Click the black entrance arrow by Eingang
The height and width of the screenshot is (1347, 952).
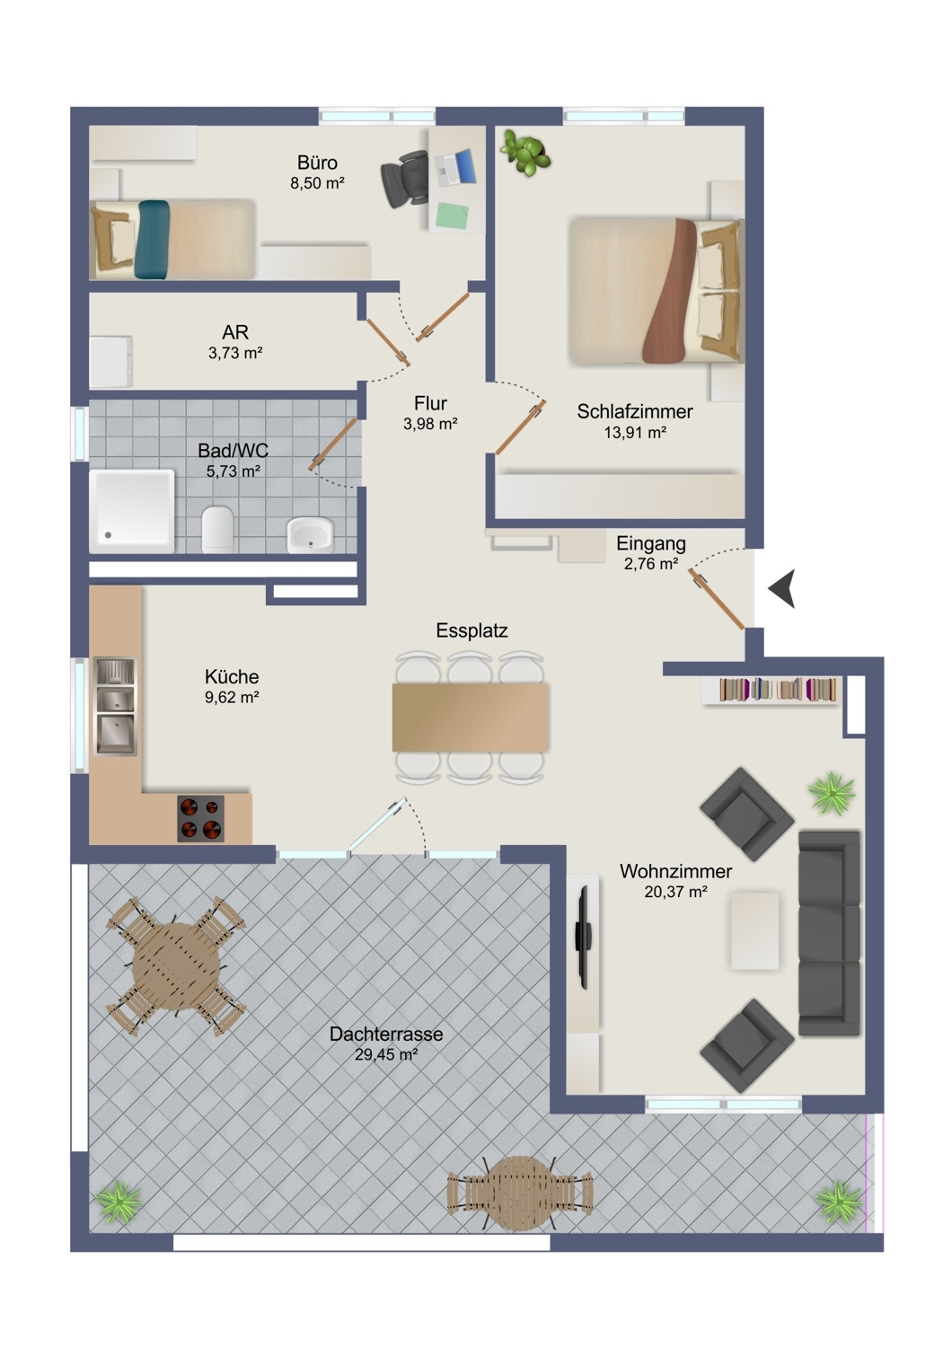[784, 588]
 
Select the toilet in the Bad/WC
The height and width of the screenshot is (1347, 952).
[217, 529]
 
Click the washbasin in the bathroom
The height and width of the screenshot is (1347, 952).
[310, 534]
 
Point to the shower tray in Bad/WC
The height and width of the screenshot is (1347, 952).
[132, 511]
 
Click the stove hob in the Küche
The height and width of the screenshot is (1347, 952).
[200, 818]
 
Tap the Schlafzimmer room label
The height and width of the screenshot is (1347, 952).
[634, 411]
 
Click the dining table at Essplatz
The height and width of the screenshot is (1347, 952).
[471, 717]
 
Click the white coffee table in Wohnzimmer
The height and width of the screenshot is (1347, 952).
[754, 930]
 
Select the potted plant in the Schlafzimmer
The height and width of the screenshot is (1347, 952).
[525, 153]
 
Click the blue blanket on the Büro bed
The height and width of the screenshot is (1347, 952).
[154, 240]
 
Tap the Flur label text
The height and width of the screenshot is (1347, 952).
[430, 403]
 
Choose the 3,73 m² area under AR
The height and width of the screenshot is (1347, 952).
[235, 353]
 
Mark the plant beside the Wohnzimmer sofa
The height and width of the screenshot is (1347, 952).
[832, 793]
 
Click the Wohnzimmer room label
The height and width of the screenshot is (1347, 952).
[675, 871]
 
